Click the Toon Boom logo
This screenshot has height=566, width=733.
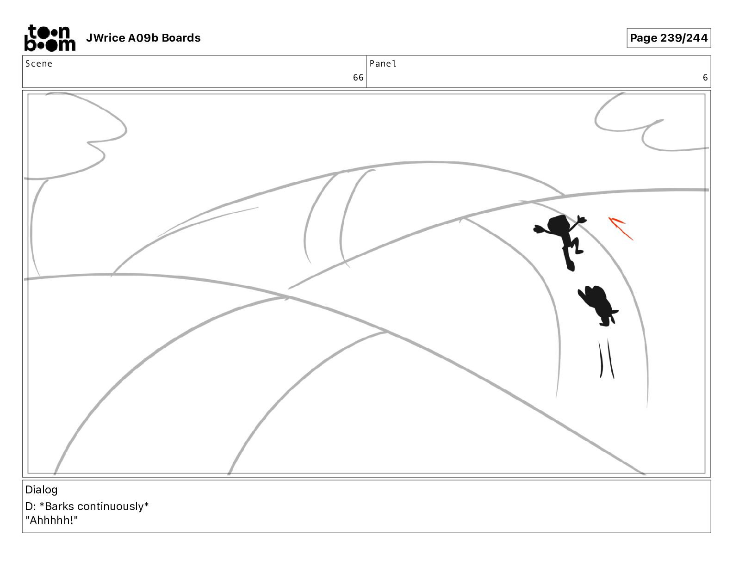click(x=50, y=38)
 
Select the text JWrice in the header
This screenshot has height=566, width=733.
click(x=106, y=38)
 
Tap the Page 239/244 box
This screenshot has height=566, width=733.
click(x=669, y=38)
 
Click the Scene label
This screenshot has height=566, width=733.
click(x=39, y=64)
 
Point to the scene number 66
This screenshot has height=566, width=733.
click(x=358, y=78)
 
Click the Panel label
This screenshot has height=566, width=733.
click(x=383, y=64)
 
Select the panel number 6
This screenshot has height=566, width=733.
click(x=705, y=78)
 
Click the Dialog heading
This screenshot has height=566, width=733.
click(x=41, y=490)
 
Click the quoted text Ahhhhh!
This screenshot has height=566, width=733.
click(x=52, y=520)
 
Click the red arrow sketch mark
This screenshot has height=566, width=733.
click(x=620, y=228)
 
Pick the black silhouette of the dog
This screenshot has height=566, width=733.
click(x=598, y=305)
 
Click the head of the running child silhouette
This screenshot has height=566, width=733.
click(x=558, y=224)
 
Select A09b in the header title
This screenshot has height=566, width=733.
click(x=143, y=38)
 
